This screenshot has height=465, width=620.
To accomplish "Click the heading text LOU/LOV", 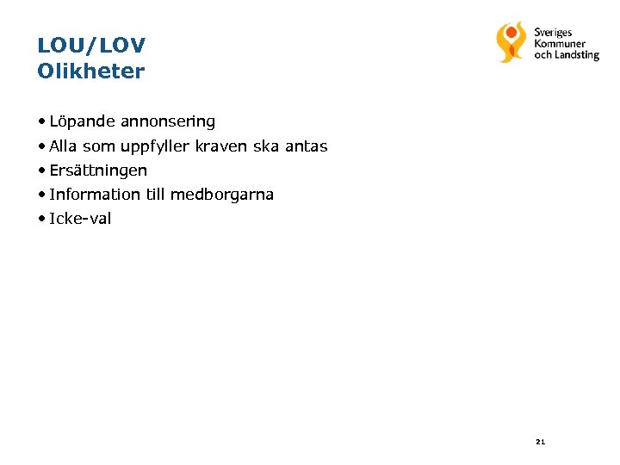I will [91, 45].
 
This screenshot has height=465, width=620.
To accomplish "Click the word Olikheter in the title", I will [91, 71].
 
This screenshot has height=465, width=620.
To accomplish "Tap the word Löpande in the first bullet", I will [83, 122].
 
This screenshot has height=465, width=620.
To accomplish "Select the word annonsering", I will [168, 122].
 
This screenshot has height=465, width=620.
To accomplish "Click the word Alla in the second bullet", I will [64, 146].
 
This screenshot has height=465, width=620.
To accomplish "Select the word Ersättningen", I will [98, 171].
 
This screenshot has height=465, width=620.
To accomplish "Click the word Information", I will [95, 195].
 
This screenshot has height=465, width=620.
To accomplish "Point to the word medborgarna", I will [221, 195].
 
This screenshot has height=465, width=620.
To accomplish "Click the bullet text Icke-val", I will [80, 219].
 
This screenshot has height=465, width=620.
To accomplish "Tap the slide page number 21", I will [540, 442].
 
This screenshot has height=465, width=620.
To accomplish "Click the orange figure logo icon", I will [511, 41].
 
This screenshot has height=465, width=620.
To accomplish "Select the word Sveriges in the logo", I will [553, 33].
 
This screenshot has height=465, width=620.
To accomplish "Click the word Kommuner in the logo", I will [560, 44].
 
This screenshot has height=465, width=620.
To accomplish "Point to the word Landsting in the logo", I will [577, 55].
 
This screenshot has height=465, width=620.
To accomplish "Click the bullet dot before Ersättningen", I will [41, 170].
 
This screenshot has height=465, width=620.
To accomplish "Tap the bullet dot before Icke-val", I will [41, 219].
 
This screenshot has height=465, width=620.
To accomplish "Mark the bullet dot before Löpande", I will [41, 122].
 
